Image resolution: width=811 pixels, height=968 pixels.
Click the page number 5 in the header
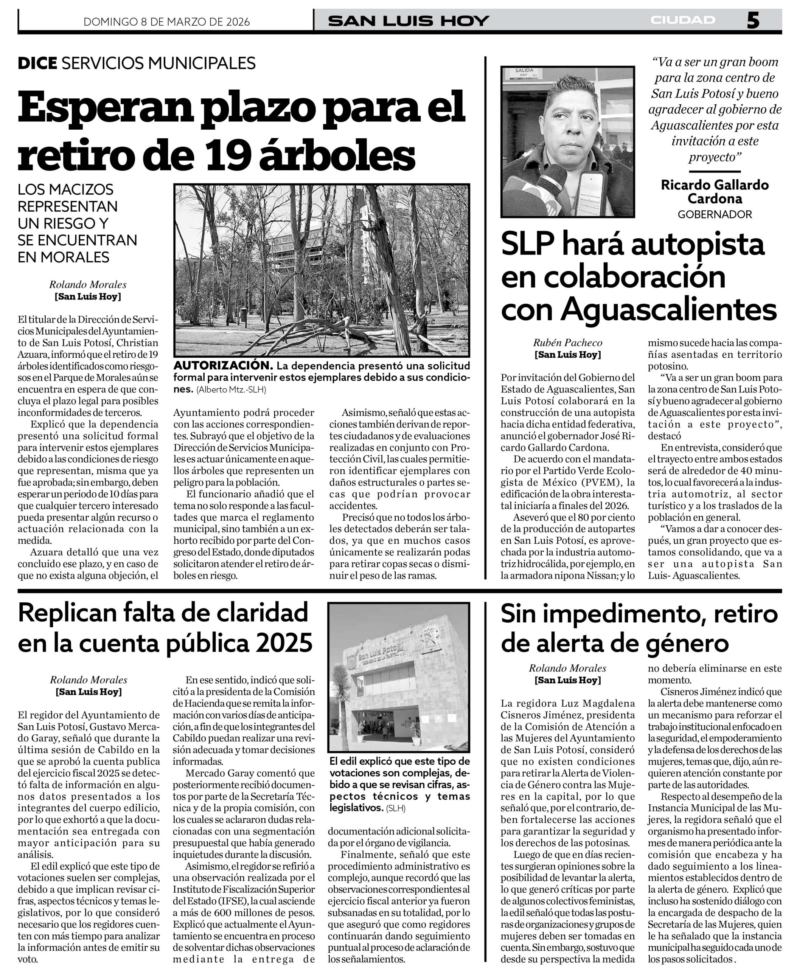[752, 21]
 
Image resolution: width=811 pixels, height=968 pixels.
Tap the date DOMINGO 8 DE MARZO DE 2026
[166, 22]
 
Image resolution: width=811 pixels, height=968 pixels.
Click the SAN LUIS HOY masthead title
[408, 21]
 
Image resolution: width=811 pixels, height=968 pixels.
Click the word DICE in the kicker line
[37, 63]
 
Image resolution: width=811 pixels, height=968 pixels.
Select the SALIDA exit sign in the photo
[524, 72]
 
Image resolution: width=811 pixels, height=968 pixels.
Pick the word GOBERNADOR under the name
[715, 214]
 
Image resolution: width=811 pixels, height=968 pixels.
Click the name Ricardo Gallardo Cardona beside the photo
[715, 192]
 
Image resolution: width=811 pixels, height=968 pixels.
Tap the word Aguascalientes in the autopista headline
[668, 310]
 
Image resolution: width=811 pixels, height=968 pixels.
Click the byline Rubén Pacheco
[567, 343]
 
